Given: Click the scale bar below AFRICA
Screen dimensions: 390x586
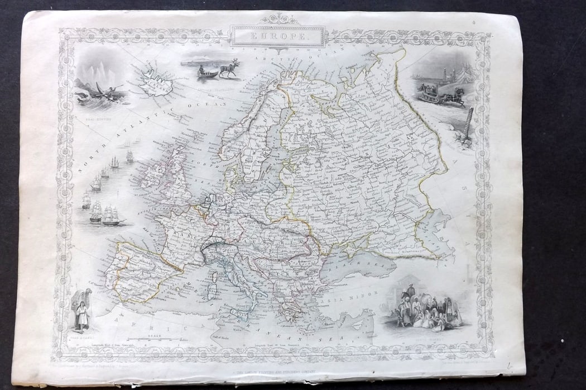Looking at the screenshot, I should pyautogui.click(x=153, y=339).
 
